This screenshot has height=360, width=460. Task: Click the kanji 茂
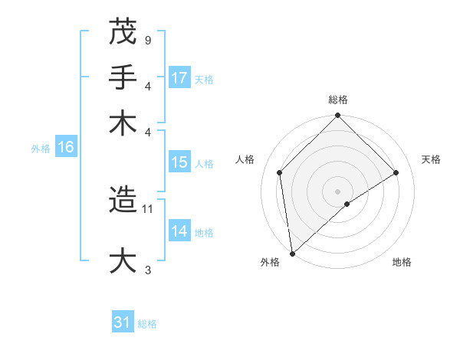click(123, 31)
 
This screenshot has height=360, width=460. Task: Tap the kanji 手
click(123, 77)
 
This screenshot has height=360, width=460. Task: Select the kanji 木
click(123, 123)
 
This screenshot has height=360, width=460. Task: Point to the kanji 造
click(123, 200)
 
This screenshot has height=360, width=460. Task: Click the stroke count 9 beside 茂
click(147, 40)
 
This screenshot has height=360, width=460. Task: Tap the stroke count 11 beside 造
click(149, 208)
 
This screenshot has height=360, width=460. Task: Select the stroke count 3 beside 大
click(147, 270)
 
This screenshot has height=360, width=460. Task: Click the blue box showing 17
click(179, 78)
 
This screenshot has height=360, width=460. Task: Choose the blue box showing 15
click(179, 162)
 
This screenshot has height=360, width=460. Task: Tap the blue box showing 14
click(179, 231)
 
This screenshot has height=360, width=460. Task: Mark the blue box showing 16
click(66, 148)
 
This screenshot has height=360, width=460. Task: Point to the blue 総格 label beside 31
click(147, 324)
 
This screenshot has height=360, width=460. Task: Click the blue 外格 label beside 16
click(40, 149)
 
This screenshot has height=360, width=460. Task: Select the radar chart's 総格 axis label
click(337, 100)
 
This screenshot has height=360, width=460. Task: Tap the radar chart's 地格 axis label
click(402, 263)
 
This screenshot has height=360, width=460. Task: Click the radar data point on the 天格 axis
click(396, 172)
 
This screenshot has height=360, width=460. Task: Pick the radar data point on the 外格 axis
click(292, 254)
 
